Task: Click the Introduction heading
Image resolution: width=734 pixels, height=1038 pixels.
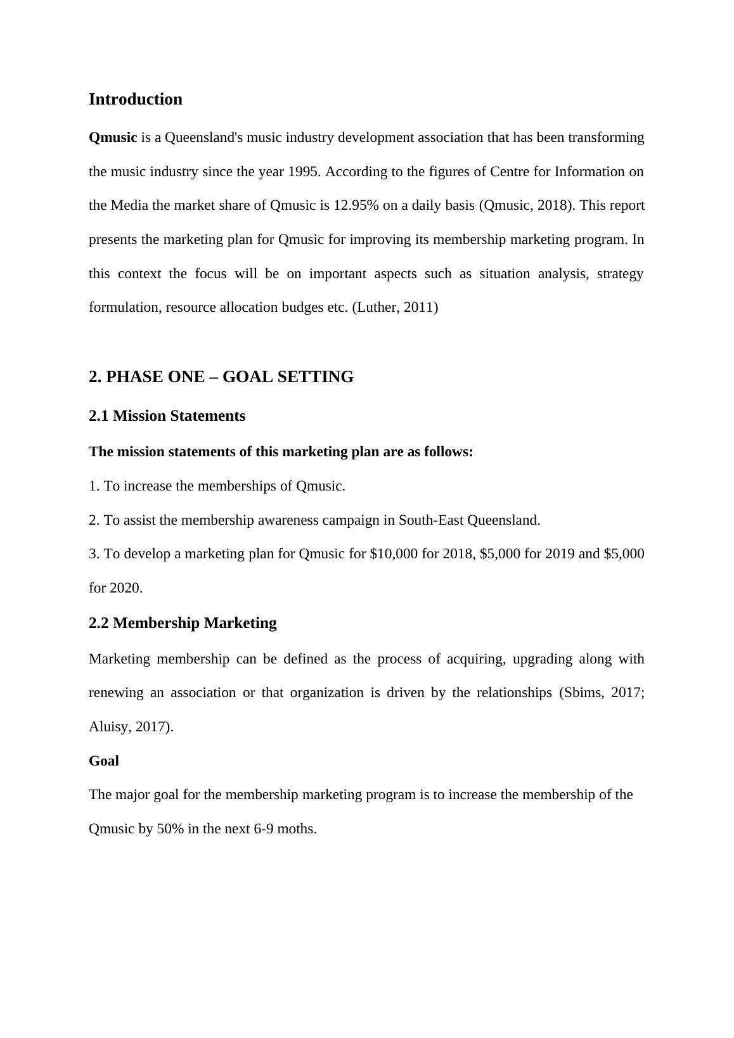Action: point(136,99)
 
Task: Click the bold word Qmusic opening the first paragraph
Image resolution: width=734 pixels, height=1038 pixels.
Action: point(113,138)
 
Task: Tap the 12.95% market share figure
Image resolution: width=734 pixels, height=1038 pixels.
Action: point(356,206)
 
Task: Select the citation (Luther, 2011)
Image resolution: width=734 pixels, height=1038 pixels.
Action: point(395,308)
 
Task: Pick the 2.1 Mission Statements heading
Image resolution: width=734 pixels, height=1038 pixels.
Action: point(167,416)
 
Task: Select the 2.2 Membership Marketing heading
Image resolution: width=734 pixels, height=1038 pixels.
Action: point(183,624)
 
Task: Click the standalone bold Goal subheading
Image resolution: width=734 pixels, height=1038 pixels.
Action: point(104,761)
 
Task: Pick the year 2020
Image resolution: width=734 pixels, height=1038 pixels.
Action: point(126,589)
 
